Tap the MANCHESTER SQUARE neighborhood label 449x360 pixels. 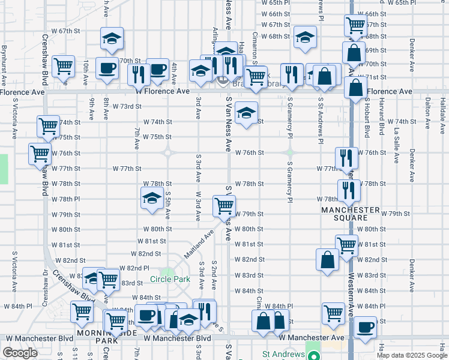(x=351, y=214)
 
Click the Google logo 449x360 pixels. (x=20, y=353)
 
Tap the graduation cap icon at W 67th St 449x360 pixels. (x=111, y=38)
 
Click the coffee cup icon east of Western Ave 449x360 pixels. (x=365, y=328)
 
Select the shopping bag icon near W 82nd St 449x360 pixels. (x=327, y=259)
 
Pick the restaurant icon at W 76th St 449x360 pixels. (x=346, y=157)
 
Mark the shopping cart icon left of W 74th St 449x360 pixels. (x=48, y=126)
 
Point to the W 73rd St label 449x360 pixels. (x=127, y=106)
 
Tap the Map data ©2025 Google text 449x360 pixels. (x=411, y=355)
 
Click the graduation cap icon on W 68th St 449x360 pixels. (x=305, y=37)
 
